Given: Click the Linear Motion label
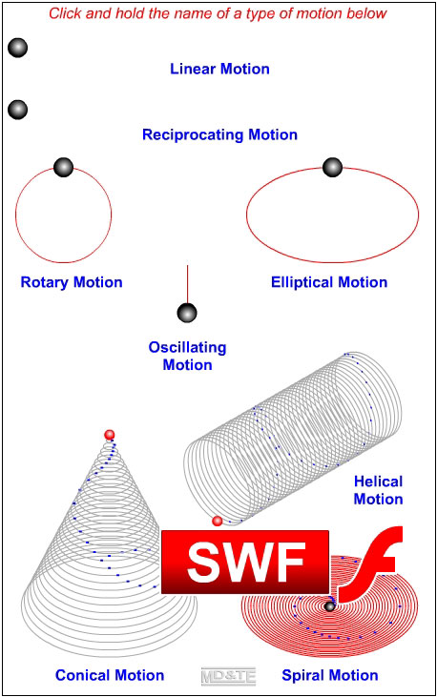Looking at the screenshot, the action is tap(219, 69).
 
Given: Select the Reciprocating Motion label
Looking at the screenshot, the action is tap(219, 134).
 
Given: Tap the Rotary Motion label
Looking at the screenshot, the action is tap(72, 282).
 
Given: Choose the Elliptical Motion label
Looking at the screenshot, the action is tap(329, 282).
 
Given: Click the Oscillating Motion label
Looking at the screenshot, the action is tap(187, 356).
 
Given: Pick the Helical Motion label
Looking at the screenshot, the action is tap(378, 490).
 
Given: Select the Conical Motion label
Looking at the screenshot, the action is tap(110, 675).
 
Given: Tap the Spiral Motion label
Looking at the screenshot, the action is tap(330, 675).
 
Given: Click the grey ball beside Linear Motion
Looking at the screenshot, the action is tap(18, 48).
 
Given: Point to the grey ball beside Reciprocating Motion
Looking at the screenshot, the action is tap(18, 110).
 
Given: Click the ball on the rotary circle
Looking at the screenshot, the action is tap(63, 167).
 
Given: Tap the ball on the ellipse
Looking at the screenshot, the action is tap(332, 167).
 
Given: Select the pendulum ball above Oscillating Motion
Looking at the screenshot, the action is tap(187, 313).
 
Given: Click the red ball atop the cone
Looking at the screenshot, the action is tap(110, 435).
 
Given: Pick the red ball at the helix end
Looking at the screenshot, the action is tap(218, 521).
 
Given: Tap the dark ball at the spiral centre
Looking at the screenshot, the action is tap(330, 606).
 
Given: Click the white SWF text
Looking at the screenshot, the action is tap(246, 562).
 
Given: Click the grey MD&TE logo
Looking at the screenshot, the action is tap(228, 677).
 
